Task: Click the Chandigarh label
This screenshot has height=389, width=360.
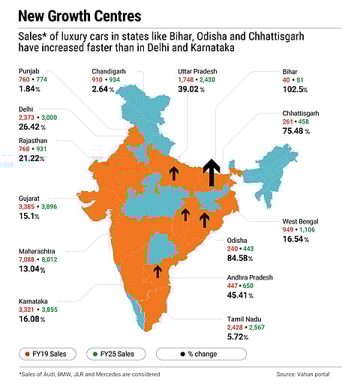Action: click(x=109, y=70)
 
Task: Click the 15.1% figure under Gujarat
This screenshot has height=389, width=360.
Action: click(x=32, y=217)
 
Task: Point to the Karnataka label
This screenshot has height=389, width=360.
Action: click(x=34, y=301)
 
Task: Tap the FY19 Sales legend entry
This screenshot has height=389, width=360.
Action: click(x=59, y=354)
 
